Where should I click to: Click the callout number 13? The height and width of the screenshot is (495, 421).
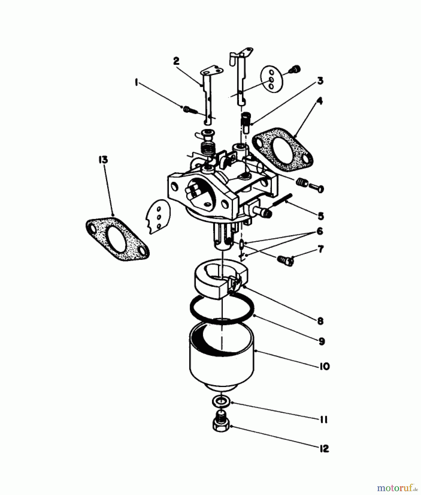pyautogui.click(x=103, y=159)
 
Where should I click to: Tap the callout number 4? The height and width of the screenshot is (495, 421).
pyautogui.click(x=319, y=101)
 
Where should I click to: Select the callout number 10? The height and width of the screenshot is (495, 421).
pyautogui.click(x=324, y=366)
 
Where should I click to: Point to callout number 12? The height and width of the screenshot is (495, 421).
pyautogui.click(x=324, y=449)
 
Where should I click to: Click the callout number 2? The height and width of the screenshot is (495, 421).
pyautogui.click(x=176, y=61)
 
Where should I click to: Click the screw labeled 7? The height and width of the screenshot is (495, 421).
pyautogui.click(x=286, y=260)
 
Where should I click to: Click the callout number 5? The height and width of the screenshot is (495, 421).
pyautogui.click(x=321, y=216)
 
